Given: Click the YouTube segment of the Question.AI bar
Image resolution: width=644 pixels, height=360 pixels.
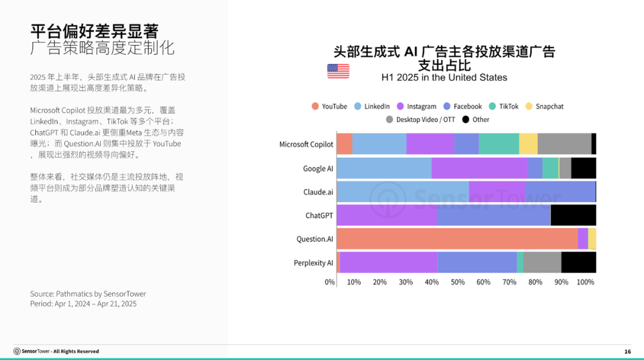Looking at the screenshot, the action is [x=457, y=239].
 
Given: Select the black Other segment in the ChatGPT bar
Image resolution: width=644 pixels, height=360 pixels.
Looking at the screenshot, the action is [x=574, y=215].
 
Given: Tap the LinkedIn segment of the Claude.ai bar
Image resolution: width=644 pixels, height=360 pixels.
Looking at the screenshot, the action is [x=403, y=192].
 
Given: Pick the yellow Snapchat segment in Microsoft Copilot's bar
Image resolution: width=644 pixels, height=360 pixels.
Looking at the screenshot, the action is [x=528, y=144].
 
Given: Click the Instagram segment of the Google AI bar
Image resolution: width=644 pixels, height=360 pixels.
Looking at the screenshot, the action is [x=479, y=168].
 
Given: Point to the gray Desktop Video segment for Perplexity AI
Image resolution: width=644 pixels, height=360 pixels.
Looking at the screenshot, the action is [x=542, y=262].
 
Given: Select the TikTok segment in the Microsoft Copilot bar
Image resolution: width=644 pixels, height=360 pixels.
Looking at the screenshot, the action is [x=499, y=144].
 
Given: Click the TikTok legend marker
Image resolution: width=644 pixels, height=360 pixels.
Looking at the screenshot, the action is [x=493, y=106].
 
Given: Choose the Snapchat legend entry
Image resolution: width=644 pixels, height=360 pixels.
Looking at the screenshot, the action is [x=544, y=106].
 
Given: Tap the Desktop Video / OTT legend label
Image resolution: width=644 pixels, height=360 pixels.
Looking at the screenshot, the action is [x=426, y=119].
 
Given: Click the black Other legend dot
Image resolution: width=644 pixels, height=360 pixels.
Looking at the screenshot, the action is [x=466, y=119].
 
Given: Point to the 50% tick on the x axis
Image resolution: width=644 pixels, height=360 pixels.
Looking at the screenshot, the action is [x=457, y=282].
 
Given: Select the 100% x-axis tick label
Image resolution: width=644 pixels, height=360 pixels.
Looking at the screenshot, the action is [x=586, y=282].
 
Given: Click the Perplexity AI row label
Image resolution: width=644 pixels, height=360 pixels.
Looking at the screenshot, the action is [x=314, y=263].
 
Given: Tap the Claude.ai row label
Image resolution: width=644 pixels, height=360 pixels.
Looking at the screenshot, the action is [x=318, y=192].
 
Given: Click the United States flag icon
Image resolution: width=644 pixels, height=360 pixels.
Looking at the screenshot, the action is [x=338, y=71].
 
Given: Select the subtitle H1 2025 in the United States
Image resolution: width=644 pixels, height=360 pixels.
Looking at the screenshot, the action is [x=444, y=77].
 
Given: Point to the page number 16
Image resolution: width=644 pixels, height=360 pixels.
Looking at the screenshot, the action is [x=627, y=352].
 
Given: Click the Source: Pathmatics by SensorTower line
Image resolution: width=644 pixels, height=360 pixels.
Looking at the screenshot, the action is [x=88, y=294].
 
